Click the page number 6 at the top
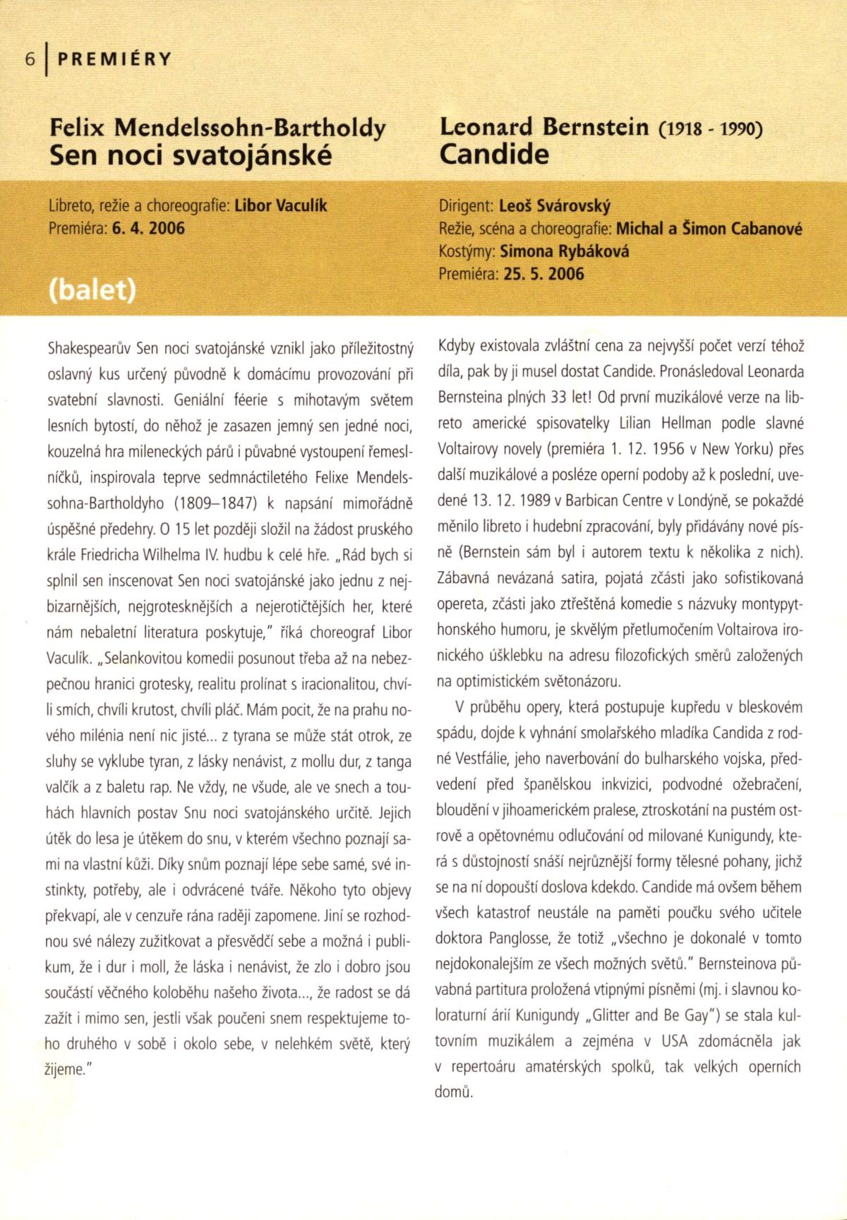pos(30,59)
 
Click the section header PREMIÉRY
pos(114,59)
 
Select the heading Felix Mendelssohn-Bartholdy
pos(217,128)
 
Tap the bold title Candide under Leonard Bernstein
pos(493,154)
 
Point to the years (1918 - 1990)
pos(710,129)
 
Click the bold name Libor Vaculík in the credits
pos(280,206)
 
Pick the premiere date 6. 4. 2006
pos(148,228)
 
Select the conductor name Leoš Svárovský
pos(555,206)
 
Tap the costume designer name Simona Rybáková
pos(564,251)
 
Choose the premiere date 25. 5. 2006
pos(543,274)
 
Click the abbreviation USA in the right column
pos(674,1041)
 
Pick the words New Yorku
pos(762,449)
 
